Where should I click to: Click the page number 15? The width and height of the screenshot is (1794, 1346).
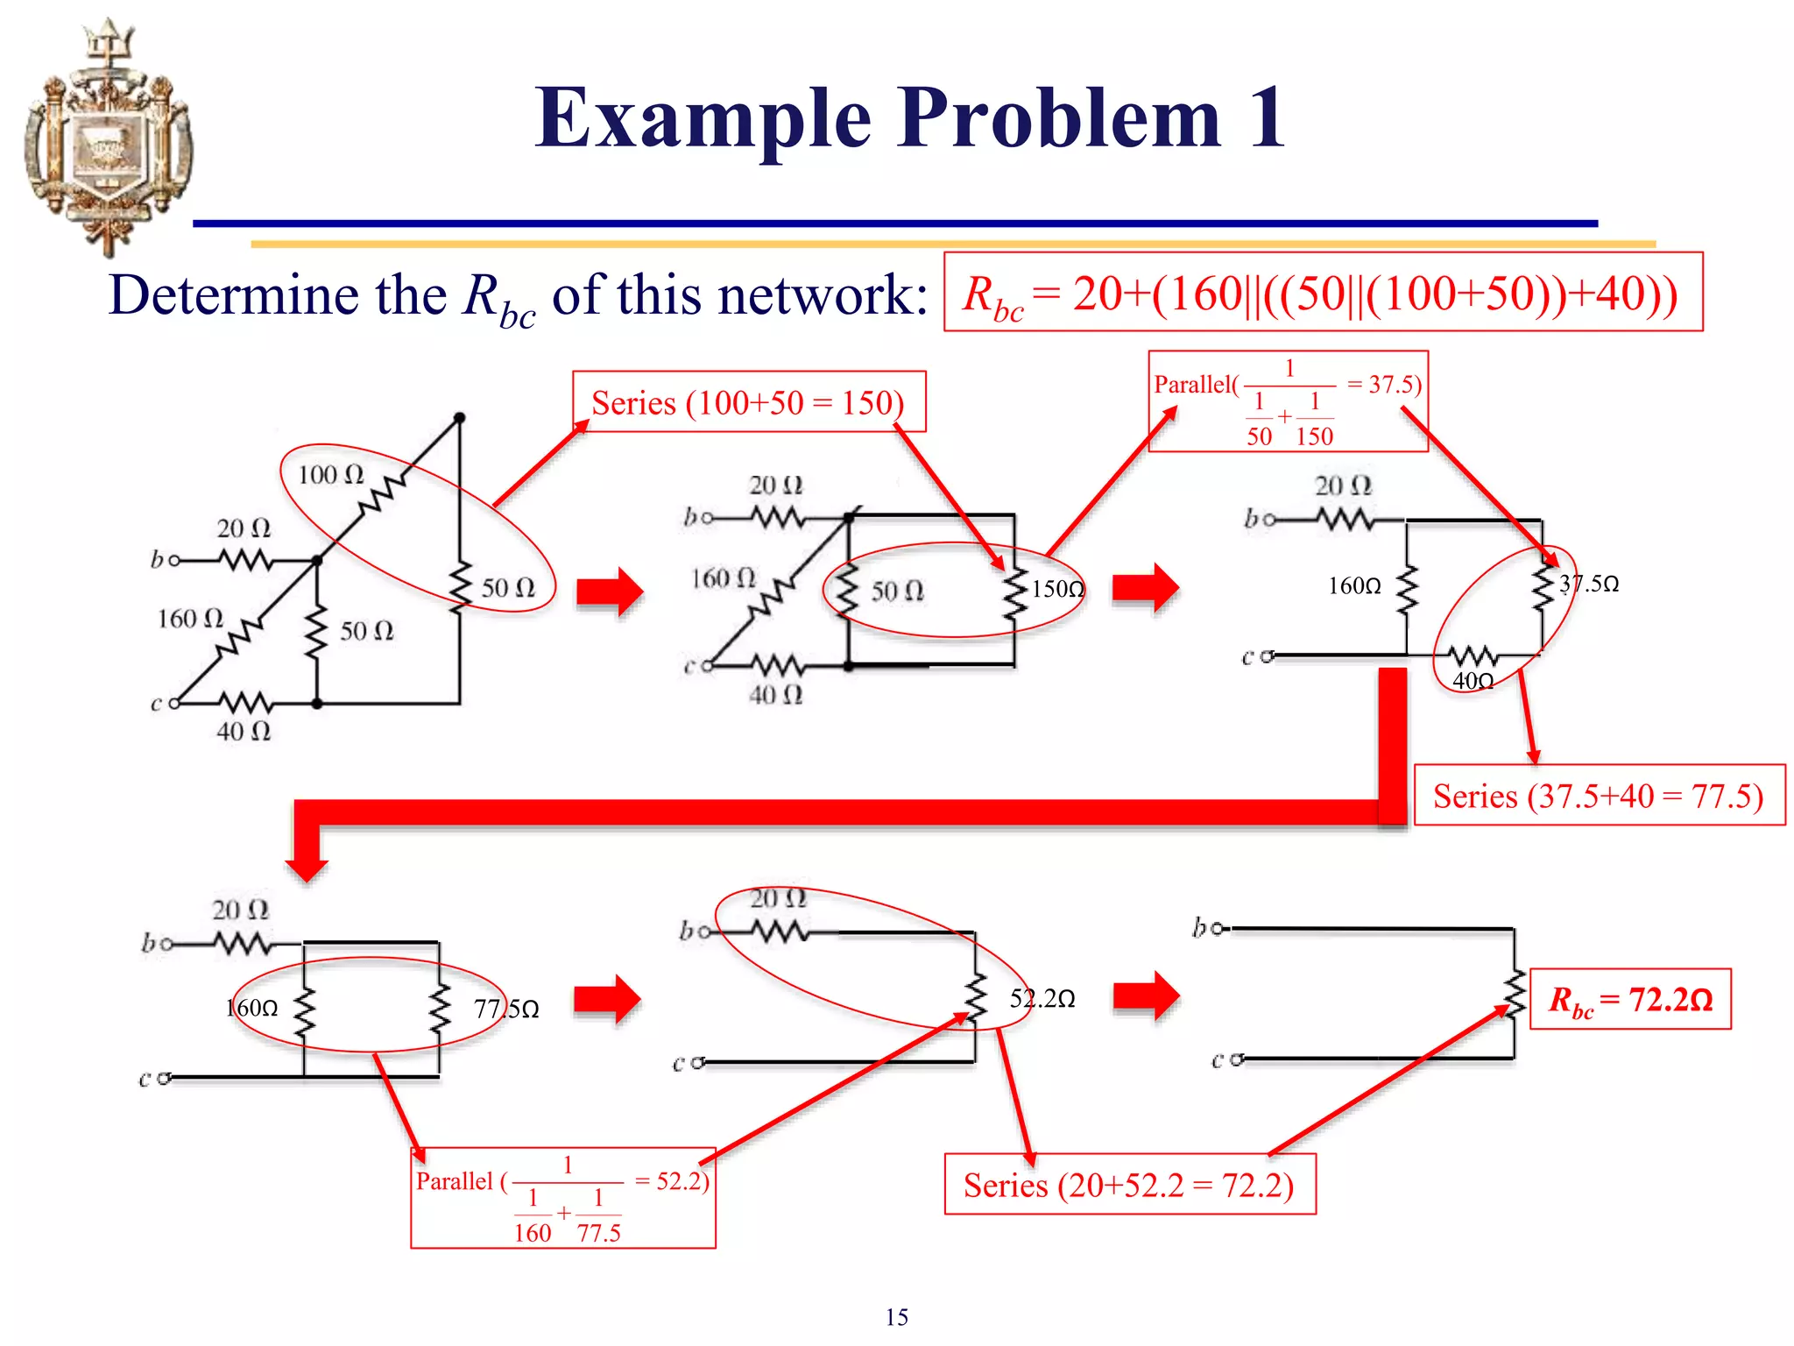896,1317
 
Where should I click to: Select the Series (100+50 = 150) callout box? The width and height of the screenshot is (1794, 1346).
748,402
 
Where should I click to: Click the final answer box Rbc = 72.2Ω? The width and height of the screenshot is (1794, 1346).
1629,999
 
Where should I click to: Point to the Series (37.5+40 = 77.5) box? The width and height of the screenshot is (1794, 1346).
1598,796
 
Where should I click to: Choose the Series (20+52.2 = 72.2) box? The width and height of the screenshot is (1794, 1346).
1129,1185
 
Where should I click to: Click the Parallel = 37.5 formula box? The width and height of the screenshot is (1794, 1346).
1288,401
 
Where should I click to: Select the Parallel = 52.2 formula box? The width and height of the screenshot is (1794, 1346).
563,1197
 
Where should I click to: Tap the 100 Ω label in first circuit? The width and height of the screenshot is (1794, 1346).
330,475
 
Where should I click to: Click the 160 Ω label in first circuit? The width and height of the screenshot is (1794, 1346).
190,619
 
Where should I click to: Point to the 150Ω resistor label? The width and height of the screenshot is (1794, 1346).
1057,589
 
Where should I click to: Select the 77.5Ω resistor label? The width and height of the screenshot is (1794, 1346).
506,1009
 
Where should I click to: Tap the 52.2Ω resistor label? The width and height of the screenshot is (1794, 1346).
1042,998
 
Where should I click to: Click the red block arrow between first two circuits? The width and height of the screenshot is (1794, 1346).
610,592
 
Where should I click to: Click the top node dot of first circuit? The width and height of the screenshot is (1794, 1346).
459,417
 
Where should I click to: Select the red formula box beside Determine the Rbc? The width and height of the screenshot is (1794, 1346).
1323,293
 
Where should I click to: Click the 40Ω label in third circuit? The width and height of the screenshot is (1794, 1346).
1473,681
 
